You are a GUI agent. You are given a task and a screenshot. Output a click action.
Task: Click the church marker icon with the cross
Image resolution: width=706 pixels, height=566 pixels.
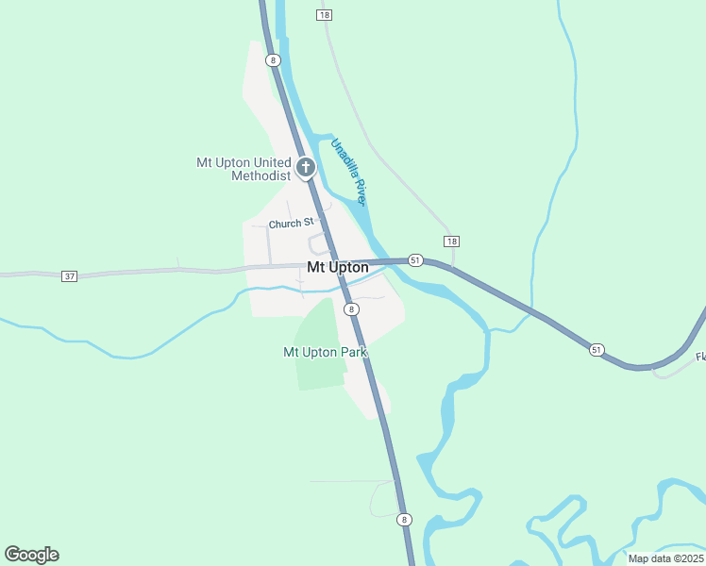point(305,169)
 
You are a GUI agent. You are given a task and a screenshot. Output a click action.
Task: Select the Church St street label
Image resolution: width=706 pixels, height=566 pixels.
point(290,224)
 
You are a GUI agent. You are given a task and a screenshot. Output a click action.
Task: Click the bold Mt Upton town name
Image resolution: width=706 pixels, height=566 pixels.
point(338,268)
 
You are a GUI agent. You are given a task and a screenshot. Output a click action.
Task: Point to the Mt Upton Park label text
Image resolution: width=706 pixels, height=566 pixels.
point(325,352)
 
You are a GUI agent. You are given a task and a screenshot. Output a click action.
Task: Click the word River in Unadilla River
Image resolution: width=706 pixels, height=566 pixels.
point(358,190)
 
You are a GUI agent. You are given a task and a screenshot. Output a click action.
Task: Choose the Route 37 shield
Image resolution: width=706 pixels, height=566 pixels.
point(69,276)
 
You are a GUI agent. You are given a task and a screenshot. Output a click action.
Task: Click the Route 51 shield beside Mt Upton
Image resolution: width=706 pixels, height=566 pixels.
point(415,259)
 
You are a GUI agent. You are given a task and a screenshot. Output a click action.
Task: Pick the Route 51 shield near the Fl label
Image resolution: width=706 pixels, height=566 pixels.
point(597,349)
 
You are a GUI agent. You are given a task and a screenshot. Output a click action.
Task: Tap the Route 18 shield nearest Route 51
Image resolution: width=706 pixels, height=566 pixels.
point(451,241)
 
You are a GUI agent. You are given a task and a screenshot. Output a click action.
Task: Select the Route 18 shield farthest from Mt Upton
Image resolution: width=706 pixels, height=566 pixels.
point(324,15)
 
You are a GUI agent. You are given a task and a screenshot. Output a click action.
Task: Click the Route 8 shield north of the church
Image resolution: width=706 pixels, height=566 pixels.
point(273,60)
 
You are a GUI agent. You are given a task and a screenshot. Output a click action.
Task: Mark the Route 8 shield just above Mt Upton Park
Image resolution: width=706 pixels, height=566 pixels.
point(350,309)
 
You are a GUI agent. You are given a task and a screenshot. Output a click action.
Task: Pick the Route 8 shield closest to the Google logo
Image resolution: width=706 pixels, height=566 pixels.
point(404,520)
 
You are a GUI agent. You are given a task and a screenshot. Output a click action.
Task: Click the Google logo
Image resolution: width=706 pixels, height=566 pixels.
point(31,555)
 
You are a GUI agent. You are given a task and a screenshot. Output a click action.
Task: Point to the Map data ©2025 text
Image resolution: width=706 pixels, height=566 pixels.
point(665,558)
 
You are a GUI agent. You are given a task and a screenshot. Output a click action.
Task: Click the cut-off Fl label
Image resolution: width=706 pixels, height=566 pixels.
point(700,357)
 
